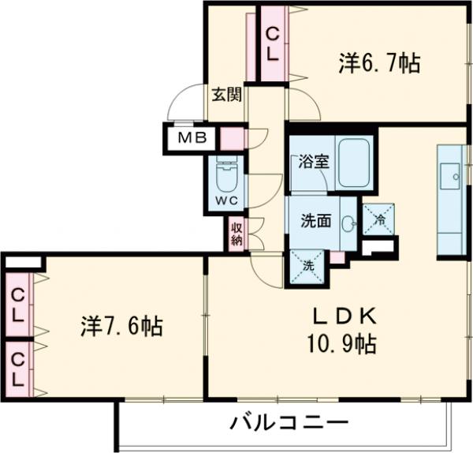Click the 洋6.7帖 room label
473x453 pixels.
coord(378,63)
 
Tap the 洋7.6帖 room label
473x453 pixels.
coord(122,325)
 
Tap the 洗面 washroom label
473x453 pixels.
coord(315,221)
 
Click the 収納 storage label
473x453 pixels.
coord(236,234)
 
